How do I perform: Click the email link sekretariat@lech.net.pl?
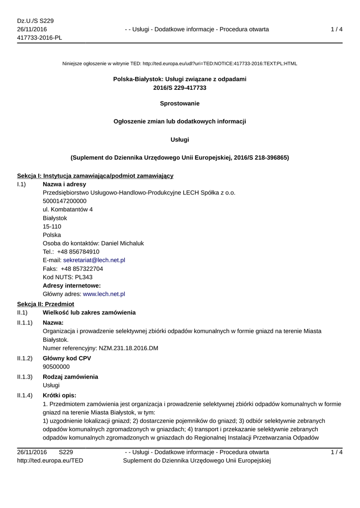(x=94, y=260)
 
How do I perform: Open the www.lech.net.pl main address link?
(x=104, y=294)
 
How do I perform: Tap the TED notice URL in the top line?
(x=219, y=64)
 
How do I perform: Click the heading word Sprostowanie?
(x=180, y=104)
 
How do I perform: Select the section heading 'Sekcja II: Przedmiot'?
(x=45, y=304)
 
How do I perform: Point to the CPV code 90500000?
(x=56, y=367)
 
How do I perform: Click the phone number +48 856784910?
(x=78, y=252)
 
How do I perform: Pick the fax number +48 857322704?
(x=82, y=268)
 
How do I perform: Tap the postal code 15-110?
(x=52, y=226)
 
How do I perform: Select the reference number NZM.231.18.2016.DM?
(x=128, y=348)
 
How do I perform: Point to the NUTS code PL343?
(x=80, y=277)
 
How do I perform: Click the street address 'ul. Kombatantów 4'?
(x=68, y=209)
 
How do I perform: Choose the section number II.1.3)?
(x=25, y=377)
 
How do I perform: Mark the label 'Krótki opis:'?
(x=60, y=395)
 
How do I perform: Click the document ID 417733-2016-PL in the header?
(x=39, y=38)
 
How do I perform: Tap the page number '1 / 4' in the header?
(x=337, y=29)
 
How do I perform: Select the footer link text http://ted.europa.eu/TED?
(x=50, y=461)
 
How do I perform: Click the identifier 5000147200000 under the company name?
(x=65, y=201)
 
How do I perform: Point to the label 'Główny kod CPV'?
(x=67, y=358)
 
